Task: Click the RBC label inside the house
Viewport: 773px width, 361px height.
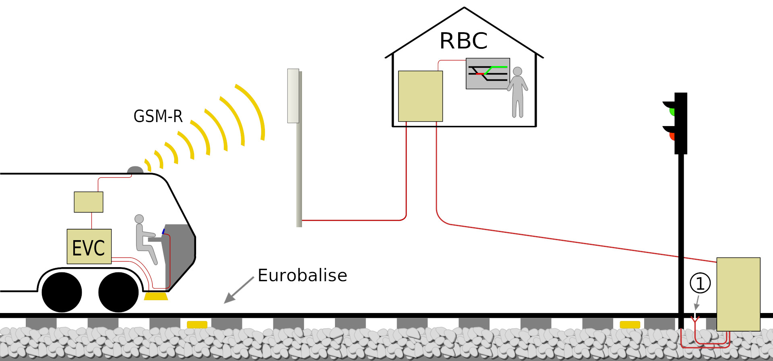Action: (x=463, y=41)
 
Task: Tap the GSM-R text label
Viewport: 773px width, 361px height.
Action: (x=158, y=116)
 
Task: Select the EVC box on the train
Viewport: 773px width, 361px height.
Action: (x=89, y=247)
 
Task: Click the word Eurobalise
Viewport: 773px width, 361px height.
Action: (x=302, y=275)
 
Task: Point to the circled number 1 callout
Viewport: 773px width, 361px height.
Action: (x=700, y=283)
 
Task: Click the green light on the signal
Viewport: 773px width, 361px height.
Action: (x=672, y=111)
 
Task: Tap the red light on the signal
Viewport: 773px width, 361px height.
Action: (x=672, y=136)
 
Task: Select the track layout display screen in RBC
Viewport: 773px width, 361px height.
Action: (x=488, y=73)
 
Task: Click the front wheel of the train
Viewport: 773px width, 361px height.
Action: (x=118, y=292)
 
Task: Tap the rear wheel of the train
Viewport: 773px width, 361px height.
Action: (x=62, y=292)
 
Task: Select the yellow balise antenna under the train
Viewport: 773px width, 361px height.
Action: (x=156, y=296)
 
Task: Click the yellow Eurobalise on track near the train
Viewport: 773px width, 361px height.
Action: (x=197, y=324)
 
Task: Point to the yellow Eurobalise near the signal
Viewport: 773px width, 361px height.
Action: (x=630, y=324)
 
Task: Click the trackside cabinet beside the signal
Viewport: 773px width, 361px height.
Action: (x=738, y=294)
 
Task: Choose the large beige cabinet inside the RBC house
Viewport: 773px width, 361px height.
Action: (x=420, y=96)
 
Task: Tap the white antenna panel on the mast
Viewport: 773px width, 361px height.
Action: (x=293, y=96)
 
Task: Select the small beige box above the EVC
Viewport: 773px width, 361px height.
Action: (x=89, y=202)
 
